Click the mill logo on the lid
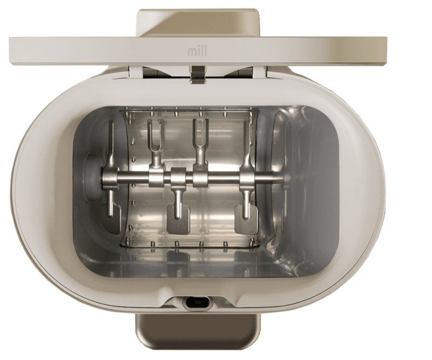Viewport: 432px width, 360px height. [197, 51]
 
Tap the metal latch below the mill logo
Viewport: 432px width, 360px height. [198, 74]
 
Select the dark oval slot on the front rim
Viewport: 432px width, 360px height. [198, 302]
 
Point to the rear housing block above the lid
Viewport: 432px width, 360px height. [199, 23]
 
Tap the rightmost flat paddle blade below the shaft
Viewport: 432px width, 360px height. [246, 212]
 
